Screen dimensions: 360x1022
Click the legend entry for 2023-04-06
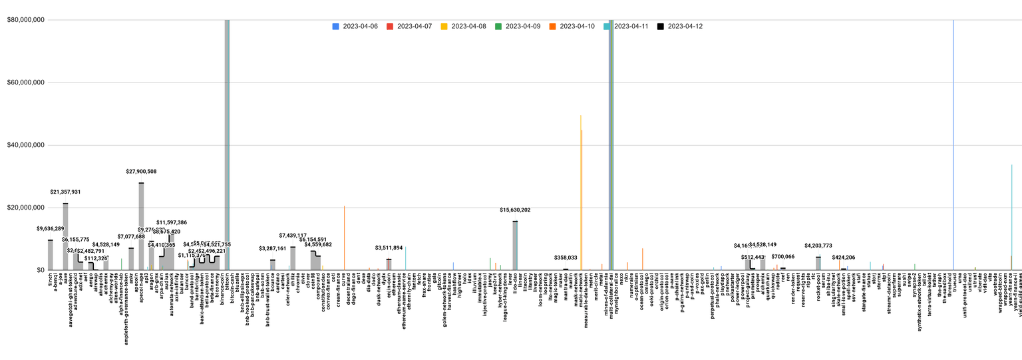tap(355, 27)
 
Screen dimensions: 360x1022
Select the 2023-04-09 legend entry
tap(517, 27)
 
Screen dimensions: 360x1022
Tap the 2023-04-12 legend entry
tap(679, 27)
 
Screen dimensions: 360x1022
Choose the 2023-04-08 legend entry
tap(463, 27)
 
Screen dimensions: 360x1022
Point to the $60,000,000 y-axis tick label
tap(26, 83)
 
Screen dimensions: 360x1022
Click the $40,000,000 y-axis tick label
tap(26, 145)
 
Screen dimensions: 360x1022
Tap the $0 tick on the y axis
tap(39, 270)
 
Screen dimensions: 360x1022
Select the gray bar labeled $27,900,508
tap(141, 226)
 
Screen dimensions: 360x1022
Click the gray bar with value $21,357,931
tap(65, 236)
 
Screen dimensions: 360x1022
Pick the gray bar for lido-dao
tap(515, 246)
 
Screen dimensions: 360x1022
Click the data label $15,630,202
tap(515, 210)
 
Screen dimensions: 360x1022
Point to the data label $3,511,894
tap(389, 248)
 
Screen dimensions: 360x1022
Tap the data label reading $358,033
tap(566, 258)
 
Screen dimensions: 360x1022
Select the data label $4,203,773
tap(818, 246)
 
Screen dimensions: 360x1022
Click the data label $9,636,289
tap(51, 229)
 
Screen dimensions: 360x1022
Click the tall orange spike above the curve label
tap(344, 236)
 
